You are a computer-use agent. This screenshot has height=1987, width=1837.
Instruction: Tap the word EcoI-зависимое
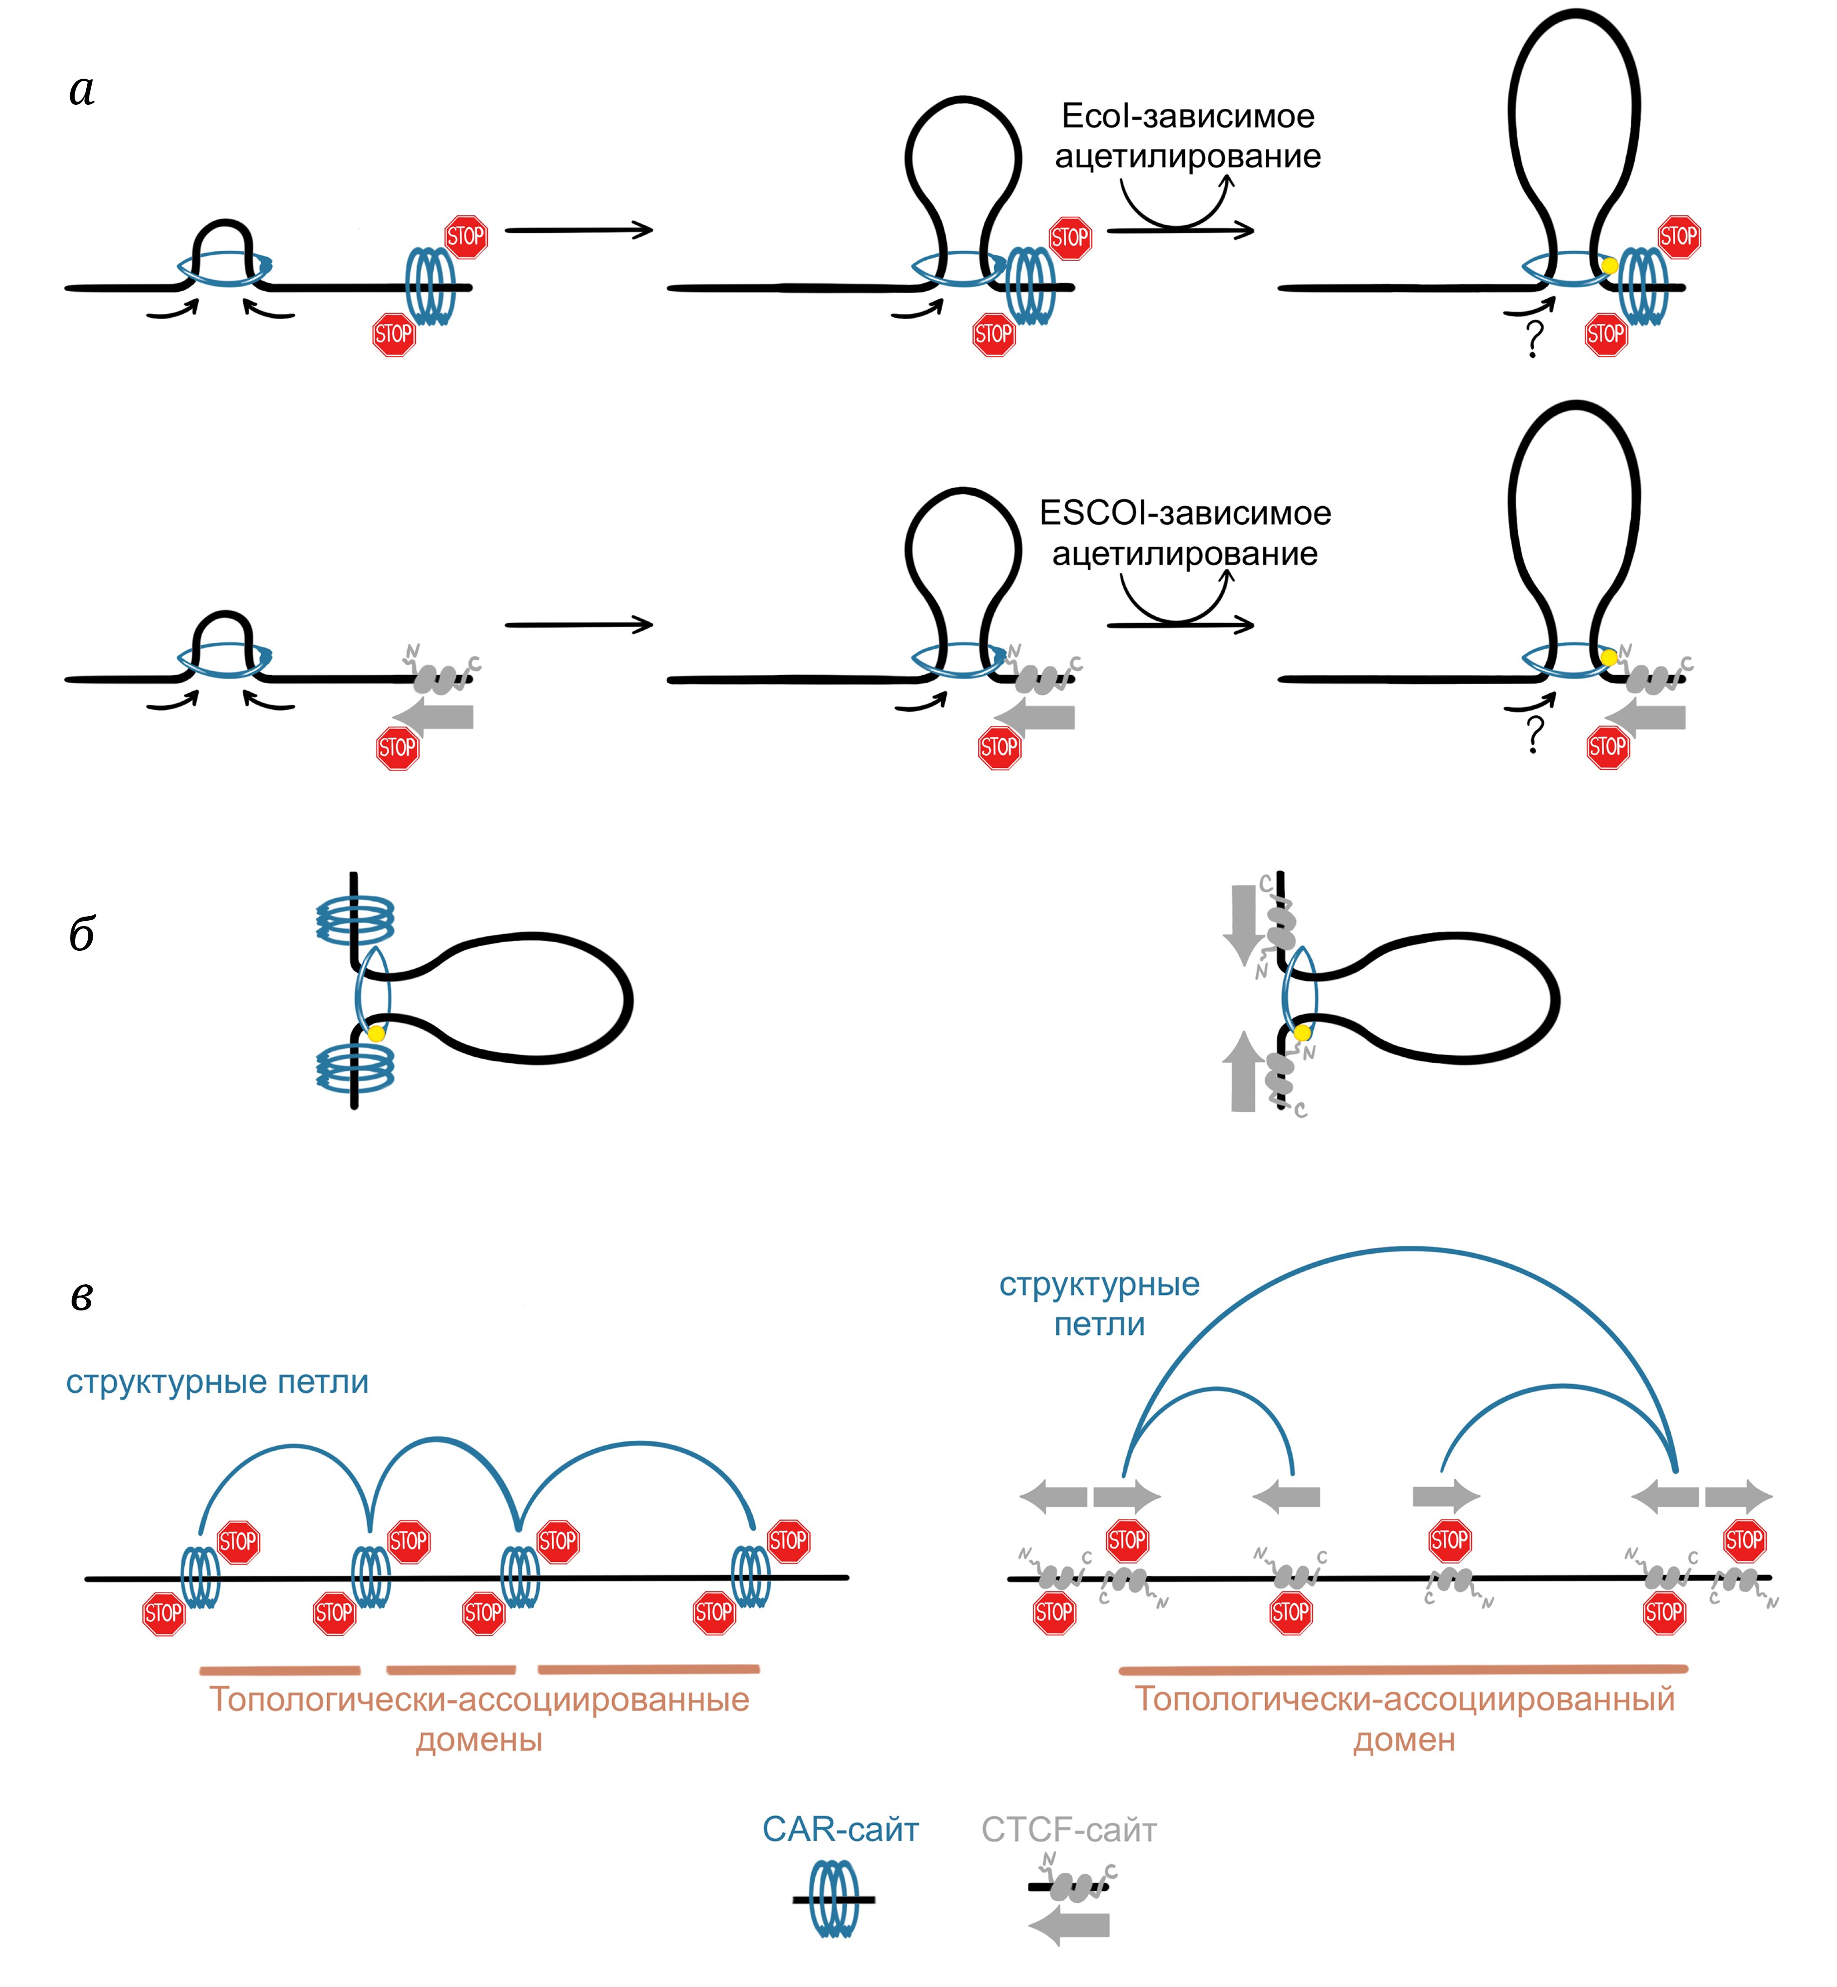1188,116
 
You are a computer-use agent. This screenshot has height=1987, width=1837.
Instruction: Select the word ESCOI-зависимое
1185,513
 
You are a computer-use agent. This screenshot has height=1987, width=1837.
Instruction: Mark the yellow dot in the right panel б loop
1302,1033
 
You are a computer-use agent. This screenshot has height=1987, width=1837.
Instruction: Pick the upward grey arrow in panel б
1242,1072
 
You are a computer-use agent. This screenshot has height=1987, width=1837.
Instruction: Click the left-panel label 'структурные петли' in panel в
217,1381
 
